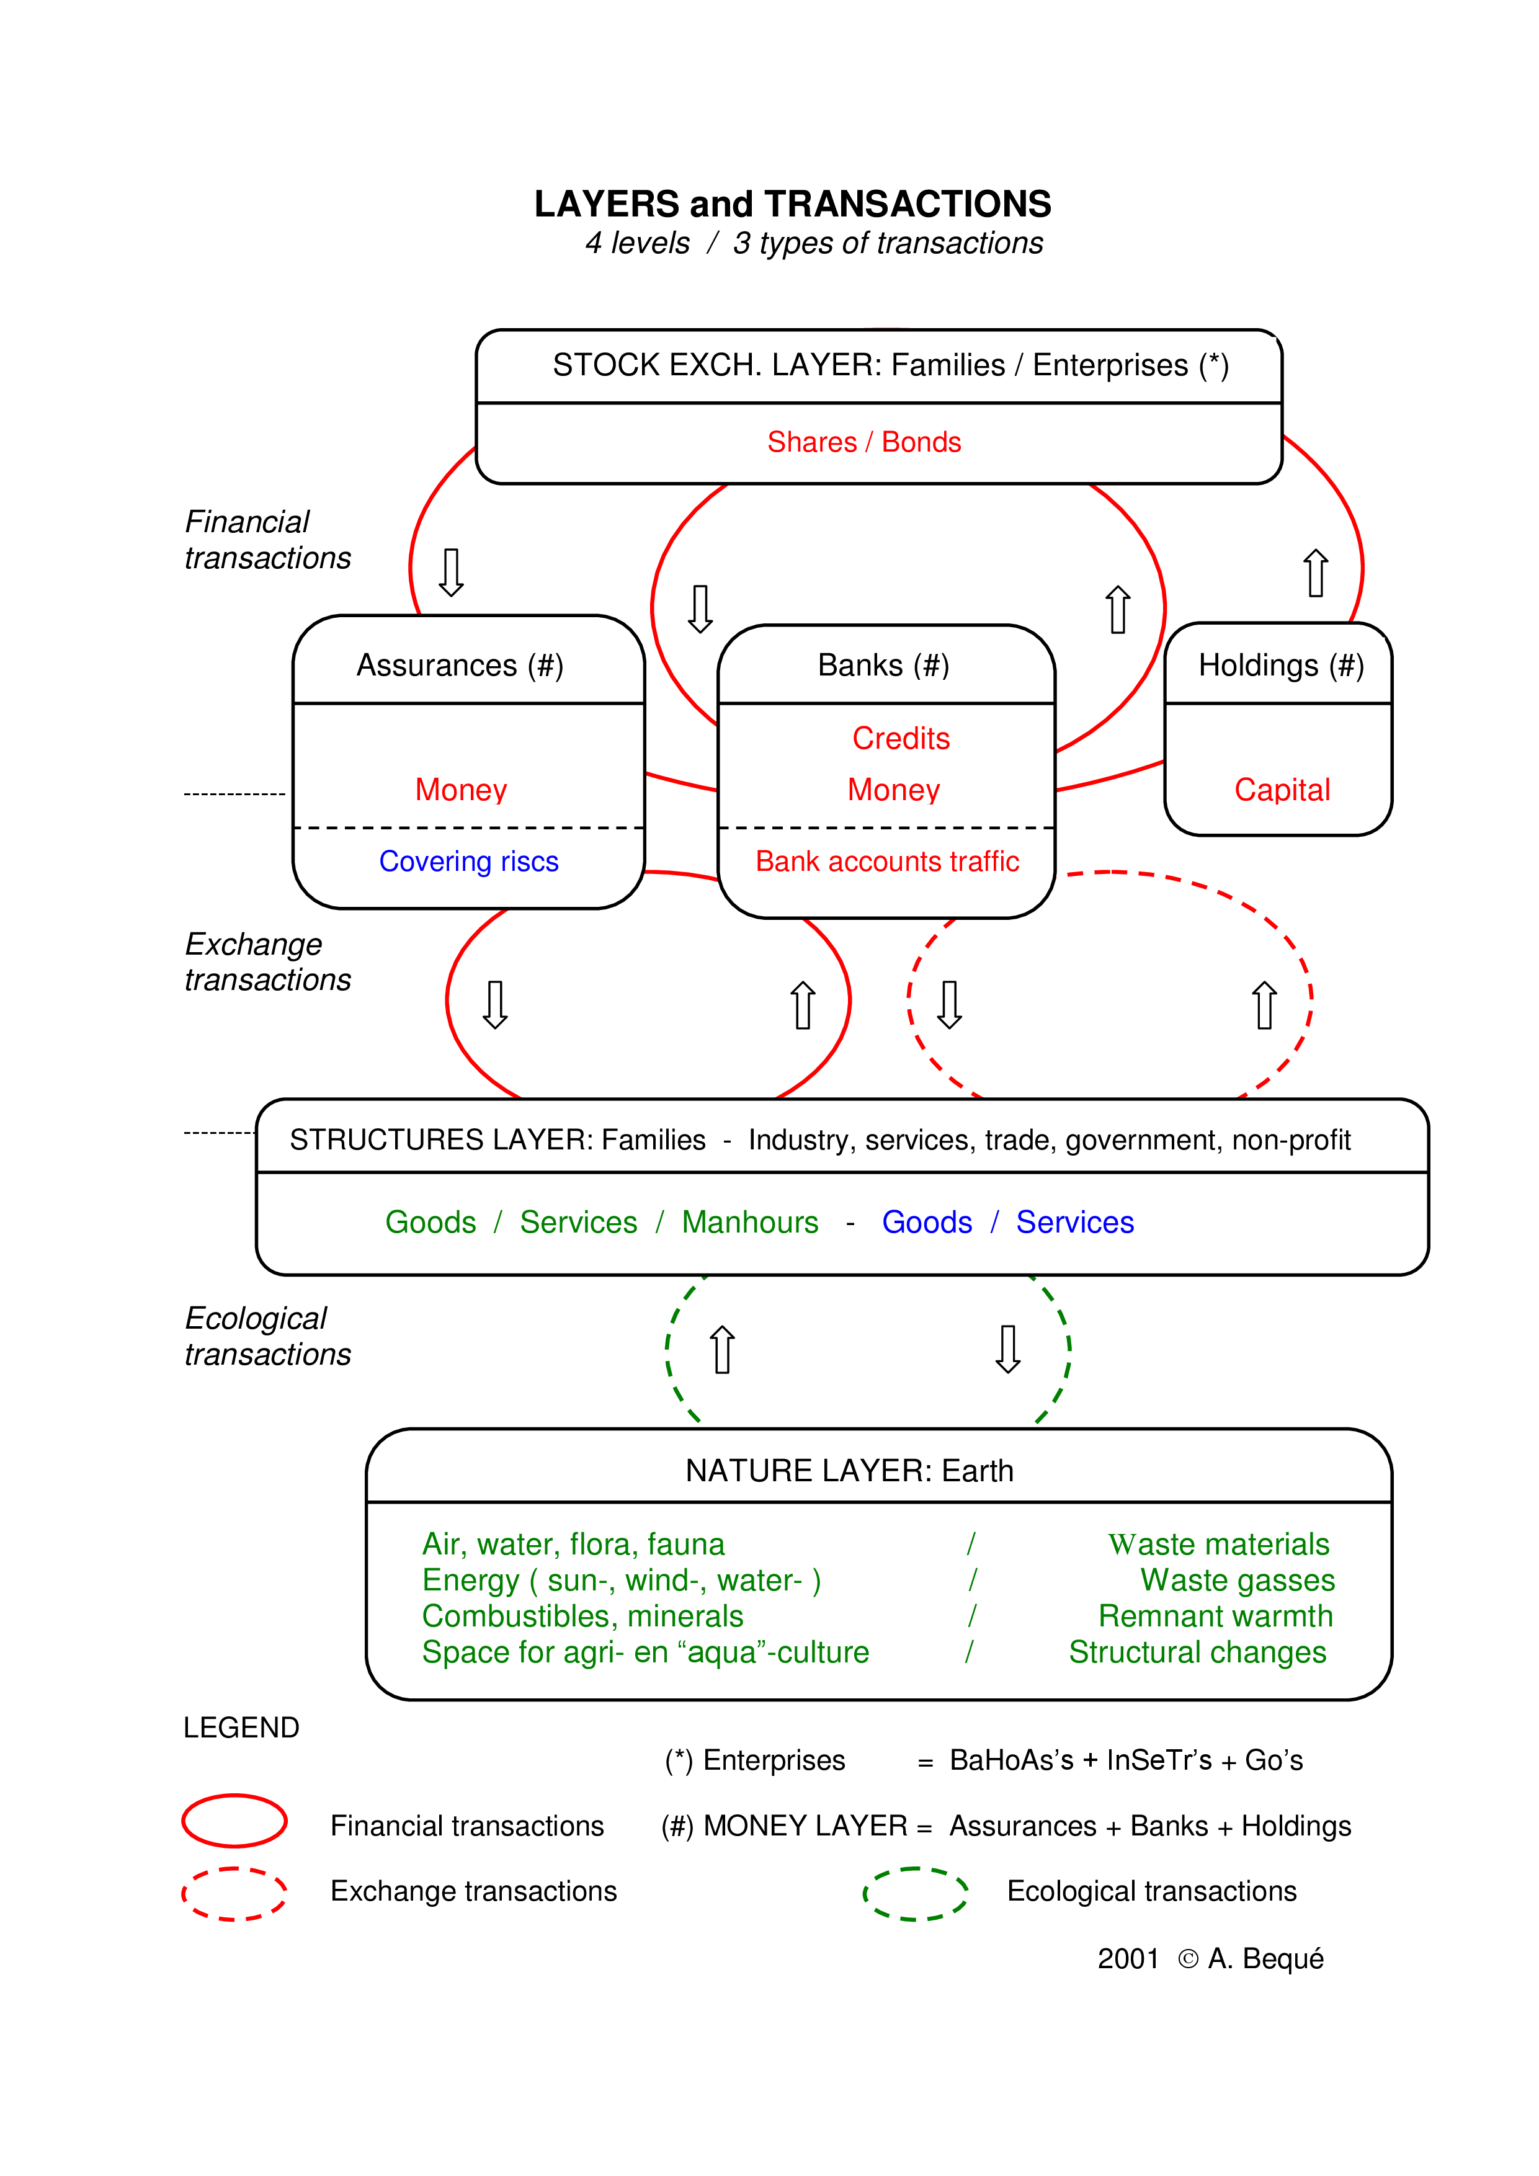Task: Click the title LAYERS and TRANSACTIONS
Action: click(x=792, y=203)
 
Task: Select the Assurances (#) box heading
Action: click(x=460, y=666)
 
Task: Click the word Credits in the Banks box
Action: click(x=900, y=738)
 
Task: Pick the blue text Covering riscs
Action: click(x=468, y=862)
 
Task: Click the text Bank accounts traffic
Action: click(x=887, y=862)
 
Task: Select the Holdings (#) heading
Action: click(x=1280, y=666)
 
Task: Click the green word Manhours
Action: click(x=749, y=1223)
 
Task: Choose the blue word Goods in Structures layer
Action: click(x=927, y=1223)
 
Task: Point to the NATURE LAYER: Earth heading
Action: click(x=849, y=1471)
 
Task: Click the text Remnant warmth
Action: click(x=1215, y=1616)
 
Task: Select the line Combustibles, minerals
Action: click(x=582, y=1616)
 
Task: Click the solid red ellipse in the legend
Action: click(x=234, y=1821)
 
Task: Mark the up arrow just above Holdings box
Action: click(x=1315, y=573)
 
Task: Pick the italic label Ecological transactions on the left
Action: click(x=267, y=1336)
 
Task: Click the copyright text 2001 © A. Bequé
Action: click(x=1210, y=1958)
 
